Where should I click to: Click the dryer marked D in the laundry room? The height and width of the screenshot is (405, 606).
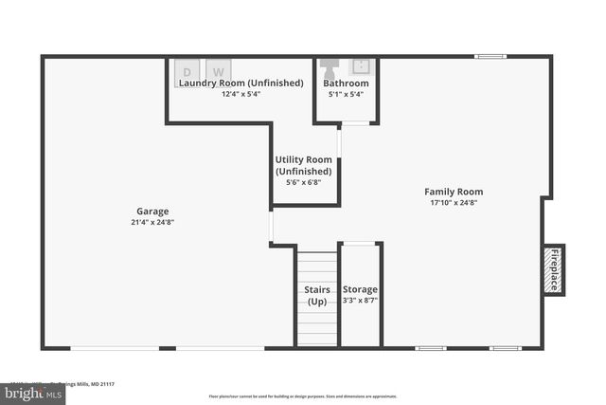(x=187, y=72)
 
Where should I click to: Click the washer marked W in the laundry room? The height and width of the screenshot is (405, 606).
(x=219, y=72)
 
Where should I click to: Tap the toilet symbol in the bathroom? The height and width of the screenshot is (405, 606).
(x=329, y=68)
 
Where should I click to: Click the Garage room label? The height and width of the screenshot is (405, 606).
(x=151, y=212)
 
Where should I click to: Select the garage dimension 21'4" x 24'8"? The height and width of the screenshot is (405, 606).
(x=151, y=222)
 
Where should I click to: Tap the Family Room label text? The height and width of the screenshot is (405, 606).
(x=454, y=192)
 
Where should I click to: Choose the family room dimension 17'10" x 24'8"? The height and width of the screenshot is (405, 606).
(x=454, y=202)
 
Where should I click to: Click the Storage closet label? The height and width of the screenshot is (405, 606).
(x=360, y=289)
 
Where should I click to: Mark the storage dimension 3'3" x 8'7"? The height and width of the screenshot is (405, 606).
(x=360, y=301)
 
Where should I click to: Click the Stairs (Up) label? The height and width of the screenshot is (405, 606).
(x=317, y=295)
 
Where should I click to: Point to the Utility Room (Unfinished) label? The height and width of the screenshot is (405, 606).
(x=303, y=165)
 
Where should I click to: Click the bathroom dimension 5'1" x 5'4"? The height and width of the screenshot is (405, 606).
(x=346, y=94)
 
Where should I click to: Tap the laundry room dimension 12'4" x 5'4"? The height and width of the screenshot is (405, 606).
(x=241, y=94)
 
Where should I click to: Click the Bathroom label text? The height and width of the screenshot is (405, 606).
(x=346, y=83)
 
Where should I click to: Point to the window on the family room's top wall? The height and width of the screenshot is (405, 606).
(x=490, y=57)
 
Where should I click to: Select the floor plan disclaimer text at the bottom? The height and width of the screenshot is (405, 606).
(x=303, y=396)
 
